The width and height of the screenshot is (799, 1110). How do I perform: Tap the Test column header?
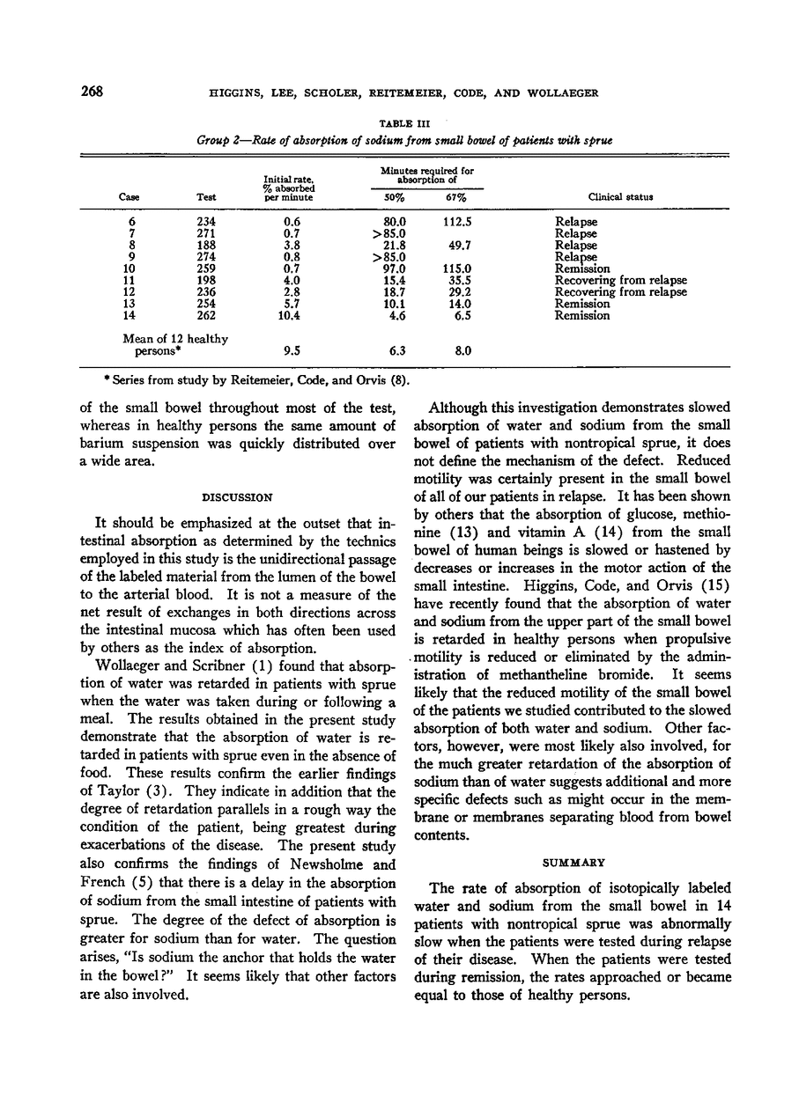[x=206, y=197]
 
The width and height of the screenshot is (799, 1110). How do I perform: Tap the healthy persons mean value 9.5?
[x=288, y=349]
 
